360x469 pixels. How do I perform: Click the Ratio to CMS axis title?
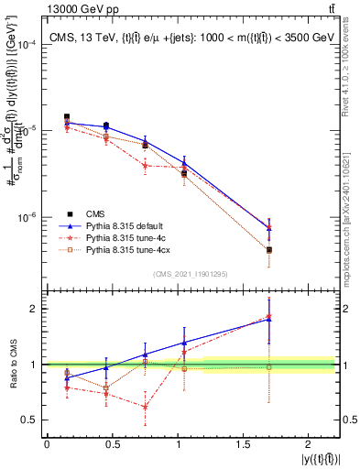point(11,365)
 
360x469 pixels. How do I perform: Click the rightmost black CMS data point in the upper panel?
point(268,249)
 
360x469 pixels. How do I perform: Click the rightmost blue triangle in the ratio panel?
point(268,319)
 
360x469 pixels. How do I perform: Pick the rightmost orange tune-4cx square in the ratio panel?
point(268,366)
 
